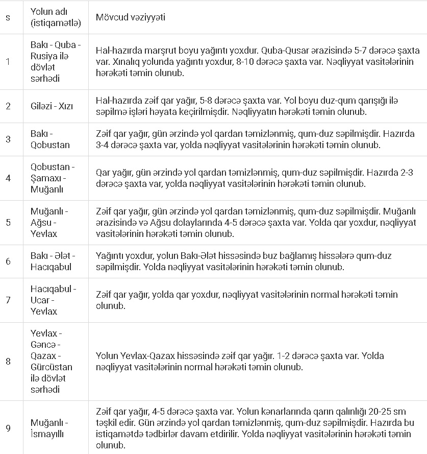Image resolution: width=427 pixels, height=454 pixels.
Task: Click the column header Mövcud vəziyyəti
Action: [x=130, y=17]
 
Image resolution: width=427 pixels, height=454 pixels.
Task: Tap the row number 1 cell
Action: [x=8, y=62]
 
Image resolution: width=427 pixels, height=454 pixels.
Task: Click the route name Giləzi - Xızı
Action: [x=52, y=106]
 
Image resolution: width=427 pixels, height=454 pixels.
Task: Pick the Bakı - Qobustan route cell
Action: [x=50, y=139]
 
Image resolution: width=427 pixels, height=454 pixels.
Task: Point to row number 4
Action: [x=8, y=178]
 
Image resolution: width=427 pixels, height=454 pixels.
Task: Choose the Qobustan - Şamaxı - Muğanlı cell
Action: [x=52, y=178]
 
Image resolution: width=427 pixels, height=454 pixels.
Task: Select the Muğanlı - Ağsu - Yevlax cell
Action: [x=49, y=222]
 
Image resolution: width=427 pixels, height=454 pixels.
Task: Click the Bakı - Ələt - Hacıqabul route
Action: [x=53, y=261]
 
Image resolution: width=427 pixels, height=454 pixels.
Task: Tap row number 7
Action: [x=8, y=300]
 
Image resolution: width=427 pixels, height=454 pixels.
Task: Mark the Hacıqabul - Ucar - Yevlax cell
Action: [x=53, y=300]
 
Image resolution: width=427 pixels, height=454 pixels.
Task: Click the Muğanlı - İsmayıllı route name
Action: [x=49, y=428]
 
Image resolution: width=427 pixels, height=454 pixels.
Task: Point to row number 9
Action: [x=8, y=428]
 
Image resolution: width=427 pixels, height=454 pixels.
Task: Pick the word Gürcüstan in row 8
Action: [x=51, y=367]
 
